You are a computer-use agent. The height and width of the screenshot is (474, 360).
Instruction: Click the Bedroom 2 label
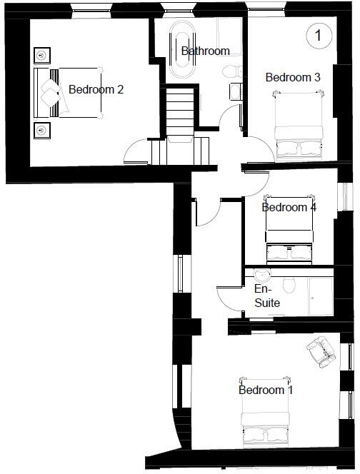96,90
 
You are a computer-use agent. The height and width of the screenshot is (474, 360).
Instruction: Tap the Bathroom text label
205,51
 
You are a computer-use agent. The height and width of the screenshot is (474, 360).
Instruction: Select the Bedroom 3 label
292,77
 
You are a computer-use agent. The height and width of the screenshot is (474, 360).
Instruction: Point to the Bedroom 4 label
289,208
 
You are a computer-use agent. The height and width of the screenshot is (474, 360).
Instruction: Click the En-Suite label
267,296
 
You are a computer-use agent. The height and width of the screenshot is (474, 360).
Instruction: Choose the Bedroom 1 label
266,390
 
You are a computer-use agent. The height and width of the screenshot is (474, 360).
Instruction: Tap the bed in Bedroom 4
289,232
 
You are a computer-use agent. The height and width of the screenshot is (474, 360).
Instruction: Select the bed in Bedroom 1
266,421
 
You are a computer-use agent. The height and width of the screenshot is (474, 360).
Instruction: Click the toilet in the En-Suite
289,286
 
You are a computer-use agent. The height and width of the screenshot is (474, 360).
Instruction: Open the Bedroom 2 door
137,152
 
